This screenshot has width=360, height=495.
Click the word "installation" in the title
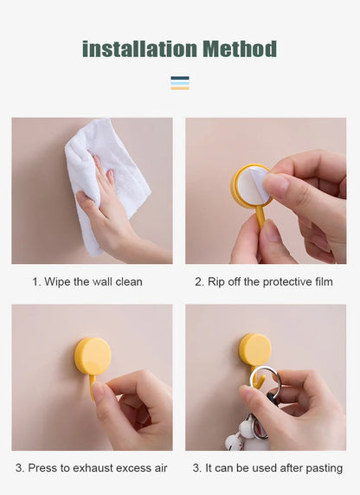[x=139, y=49]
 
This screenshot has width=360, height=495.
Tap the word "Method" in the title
[x=240, y=49]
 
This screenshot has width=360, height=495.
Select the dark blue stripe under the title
[x=180, y=78]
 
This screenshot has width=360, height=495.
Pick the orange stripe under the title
[x=180, y=88]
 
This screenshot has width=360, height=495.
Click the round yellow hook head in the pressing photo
[x=93, y=357]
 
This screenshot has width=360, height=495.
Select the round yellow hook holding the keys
[x=255, y=350]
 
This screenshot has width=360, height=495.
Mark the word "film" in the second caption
[x=324, y=281]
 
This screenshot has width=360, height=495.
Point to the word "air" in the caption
[x=161, y=468]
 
